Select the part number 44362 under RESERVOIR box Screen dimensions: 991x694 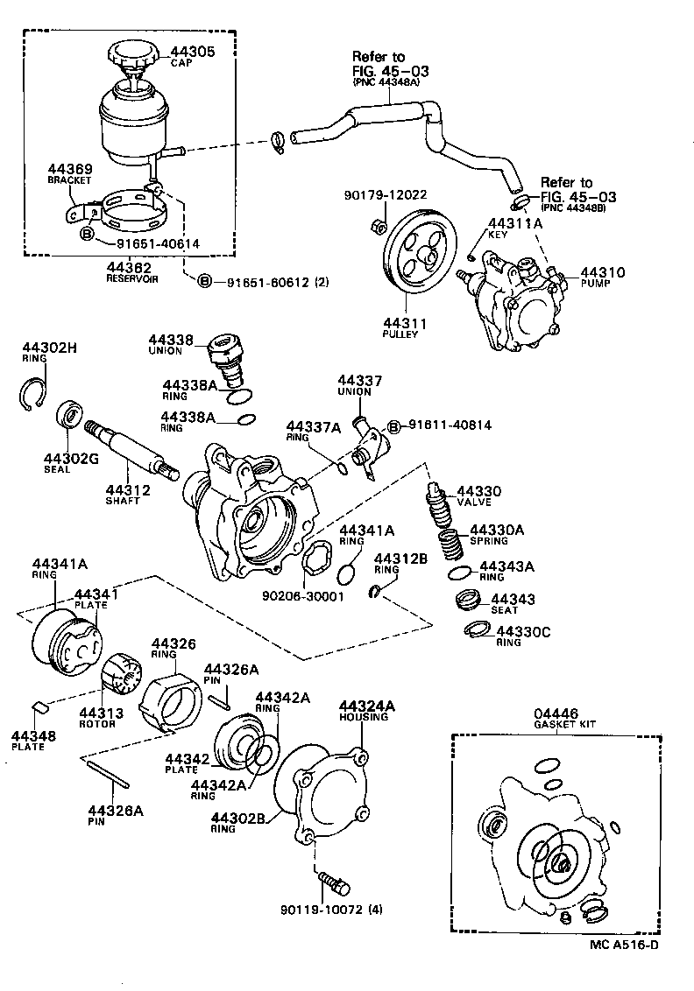click(x=129, y=267)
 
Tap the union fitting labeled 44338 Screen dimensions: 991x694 click(x=224, y=354)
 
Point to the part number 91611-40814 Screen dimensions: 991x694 click(x=447, y=425)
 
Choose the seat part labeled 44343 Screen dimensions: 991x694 click(x=471, y=602)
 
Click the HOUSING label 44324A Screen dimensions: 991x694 click(x=367, y=705)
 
